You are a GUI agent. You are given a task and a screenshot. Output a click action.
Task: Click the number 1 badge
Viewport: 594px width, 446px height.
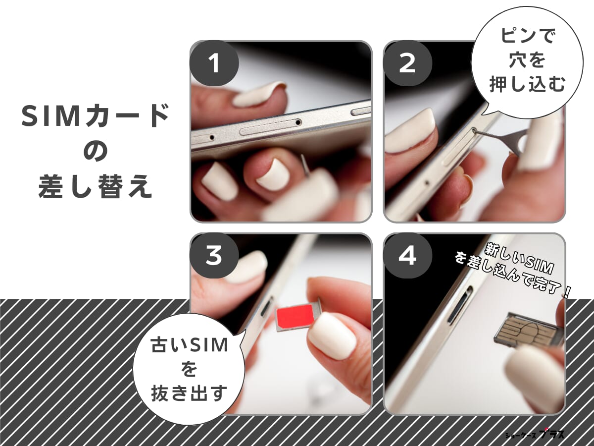pos(213,64)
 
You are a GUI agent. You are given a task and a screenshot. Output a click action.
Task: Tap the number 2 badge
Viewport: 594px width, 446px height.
pos(407,64)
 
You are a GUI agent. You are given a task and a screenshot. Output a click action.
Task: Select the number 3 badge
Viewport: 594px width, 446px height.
pos(213,256)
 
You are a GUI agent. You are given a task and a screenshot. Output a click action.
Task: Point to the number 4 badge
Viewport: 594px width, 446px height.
pos(407,256)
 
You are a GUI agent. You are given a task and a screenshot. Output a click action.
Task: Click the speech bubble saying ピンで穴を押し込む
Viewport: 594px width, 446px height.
pos(527,62)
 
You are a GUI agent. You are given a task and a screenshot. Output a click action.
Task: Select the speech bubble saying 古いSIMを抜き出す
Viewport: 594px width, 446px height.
pos(189,369)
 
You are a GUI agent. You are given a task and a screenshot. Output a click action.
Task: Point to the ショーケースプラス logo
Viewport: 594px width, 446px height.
pos(535,434)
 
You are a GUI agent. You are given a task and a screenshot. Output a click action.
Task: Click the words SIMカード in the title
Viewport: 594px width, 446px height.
pos(95,117)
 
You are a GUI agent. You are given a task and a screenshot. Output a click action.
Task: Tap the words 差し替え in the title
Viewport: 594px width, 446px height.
pos(95,189)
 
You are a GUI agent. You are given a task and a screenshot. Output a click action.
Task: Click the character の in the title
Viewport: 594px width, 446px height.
pos(95,153)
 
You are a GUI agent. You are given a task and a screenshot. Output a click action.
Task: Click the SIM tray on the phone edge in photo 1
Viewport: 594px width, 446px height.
pos(270,127)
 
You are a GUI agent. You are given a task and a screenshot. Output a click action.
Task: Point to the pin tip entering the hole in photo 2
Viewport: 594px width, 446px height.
pos(476,131)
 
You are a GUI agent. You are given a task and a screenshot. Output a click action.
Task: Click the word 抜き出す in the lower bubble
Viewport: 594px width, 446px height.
pos(189,394)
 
